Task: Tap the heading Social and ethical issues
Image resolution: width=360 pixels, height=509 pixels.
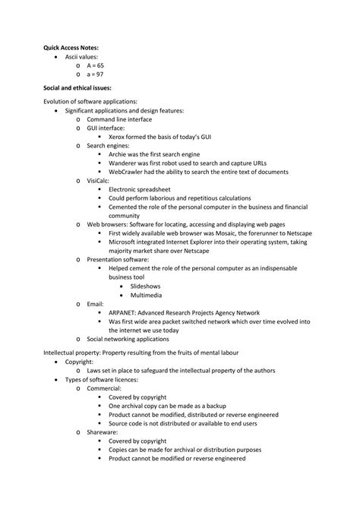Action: tap(79, 88)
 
